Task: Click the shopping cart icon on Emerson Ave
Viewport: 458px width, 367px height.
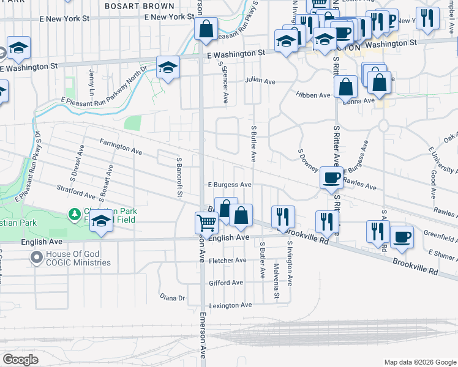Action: tap(206, 223)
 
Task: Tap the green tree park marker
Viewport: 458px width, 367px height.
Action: tap(74, 214)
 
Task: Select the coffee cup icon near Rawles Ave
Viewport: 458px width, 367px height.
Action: tap(331, 178)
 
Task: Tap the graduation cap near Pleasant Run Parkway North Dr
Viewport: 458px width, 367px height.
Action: tap(167, 67)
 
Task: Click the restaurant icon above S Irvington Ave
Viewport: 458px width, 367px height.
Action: tap(283, 217)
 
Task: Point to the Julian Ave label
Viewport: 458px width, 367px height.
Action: tap(260, 80)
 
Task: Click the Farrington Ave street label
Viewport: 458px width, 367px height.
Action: tap(121, 146)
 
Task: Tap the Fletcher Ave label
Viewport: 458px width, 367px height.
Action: tap(227, 261)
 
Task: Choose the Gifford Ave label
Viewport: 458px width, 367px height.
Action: tap(226, 283)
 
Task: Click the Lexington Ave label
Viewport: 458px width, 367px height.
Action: tap(230, 305)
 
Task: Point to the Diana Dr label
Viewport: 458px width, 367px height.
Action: tap(172, 298)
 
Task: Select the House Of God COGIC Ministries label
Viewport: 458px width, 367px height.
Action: tap(78, 258)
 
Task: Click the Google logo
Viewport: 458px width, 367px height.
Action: tap(20, 360)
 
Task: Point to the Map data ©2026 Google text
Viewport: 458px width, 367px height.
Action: tap(420, 361)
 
